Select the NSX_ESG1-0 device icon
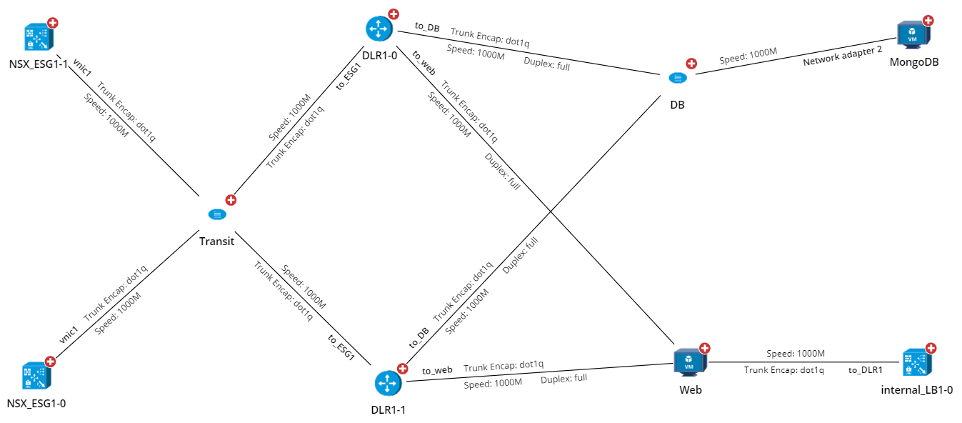pyautogui.click(x=36, y=376)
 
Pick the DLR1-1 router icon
pyautogui.click(x=386, y=384)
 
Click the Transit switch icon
pyautogui.click(x=216, y=214)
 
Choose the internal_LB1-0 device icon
pyautogui.click(x=916, y=363)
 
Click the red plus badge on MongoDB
pyautogui.click(x=928, y=21)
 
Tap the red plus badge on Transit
pyautogui.click(x=231, y=200)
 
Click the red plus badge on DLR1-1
pyautogui.click(x=402, y=369)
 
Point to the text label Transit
pyautogui.click(x=216, y=242)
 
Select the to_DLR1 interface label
pyautogui.click(x=866, y=370)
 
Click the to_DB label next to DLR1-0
pyautogui.click(x=427, y=28)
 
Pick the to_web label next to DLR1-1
pyautogui.click(x=437, y=370)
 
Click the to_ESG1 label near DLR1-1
pyautogui.click(x=341, y=347)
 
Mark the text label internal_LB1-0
pyautogui.click(x=917, y=390)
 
